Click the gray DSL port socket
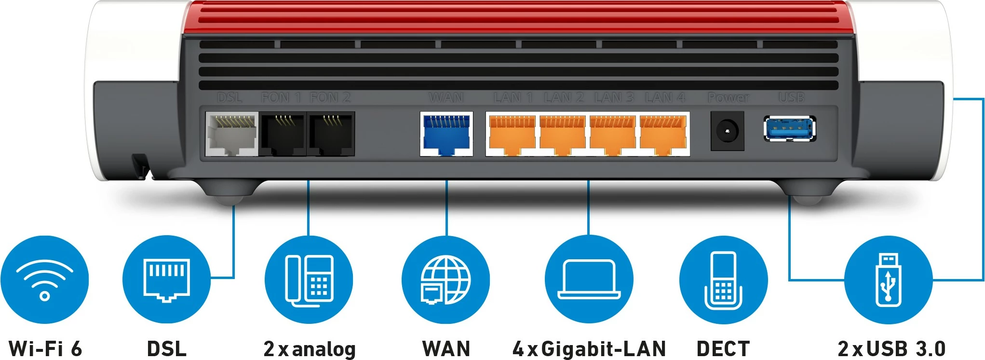(x=231, y=134)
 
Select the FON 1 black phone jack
(x=283, y=134)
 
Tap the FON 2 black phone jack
(x=331, y=134)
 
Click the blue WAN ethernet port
(x=446, y=134)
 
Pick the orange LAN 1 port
(x=512, y=134)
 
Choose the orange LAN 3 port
(x=613, y=134)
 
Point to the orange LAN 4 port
(x=663, y=134)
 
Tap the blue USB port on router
(x=790, y=129)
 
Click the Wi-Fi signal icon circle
(x=44, y=280)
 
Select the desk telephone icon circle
(x=309, y=280)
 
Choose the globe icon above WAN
(x=445, y=280)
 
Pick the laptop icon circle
(x=589, y=280)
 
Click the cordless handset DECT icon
(x=723, y=280)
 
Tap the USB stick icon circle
(x=888, y=280)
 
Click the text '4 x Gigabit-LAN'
(x=589, y=348)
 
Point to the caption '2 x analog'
(x=309, y=348)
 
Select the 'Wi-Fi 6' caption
(x=45, y=348)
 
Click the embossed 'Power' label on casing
(x=728, y=98)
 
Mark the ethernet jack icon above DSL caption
(x=166, y=280)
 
